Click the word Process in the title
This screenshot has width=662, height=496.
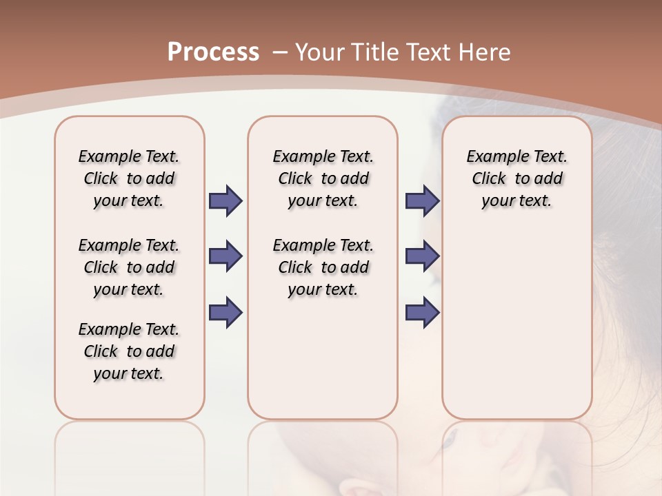(x=213, y=52)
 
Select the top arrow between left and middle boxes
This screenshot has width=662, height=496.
(x=225, y=201)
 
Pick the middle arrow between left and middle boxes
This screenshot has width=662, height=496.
(x=225, y=256)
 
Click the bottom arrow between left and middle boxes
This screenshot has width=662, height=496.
(x=225, y=312)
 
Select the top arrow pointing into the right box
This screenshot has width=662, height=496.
(x=422, y=201)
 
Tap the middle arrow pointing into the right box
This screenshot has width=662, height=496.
(x=422, y=256)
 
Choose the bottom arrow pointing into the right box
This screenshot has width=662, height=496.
(x=422, y=312)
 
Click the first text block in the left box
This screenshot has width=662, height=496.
(x=129, y=178)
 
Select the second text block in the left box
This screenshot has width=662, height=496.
(x=129, y=267)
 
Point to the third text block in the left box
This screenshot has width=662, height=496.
(x=129, y=351)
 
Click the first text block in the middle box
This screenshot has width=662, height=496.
(x=323, y=178)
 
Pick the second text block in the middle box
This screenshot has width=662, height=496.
(x=323, y=267)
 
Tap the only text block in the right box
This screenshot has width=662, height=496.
(x=516, y=178)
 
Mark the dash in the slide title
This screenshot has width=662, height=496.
(x=280, y=52)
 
